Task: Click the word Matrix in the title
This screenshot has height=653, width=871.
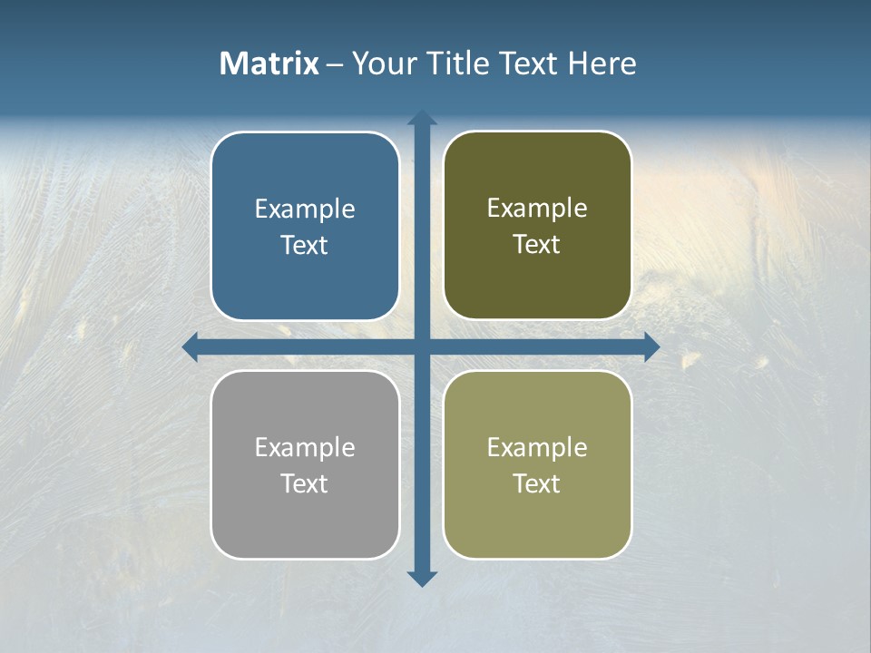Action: (x=269, y=63)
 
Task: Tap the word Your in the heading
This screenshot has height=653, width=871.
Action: (x=384, y=63)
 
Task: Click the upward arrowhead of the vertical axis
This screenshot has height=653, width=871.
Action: (x=422, y=118)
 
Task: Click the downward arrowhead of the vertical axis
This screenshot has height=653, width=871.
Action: (x=422, y=578)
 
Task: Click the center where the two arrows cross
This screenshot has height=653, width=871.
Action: (x=422, y=346)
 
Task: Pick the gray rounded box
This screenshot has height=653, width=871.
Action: (x=305, y=517)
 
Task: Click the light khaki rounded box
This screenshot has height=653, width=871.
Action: (x=537, y=517)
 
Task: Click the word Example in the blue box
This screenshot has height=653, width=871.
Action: (x=305, y=209)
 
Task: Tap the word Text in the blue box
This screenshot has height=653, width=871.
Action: (x=305, y=245)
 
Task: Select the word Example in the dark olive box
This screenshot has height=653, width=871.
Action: (x=537, y=208)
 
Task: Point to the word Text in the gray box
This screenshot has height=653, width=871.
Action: (x=305, y=483)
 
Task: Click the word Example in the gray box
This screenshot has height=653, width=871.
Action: (x=305, y=447)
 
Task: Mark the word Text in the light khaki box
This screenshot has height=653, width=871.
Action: (x=537, y=483)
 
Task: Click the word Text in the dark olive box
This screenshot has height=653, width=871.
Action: (x=537, y=244)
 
